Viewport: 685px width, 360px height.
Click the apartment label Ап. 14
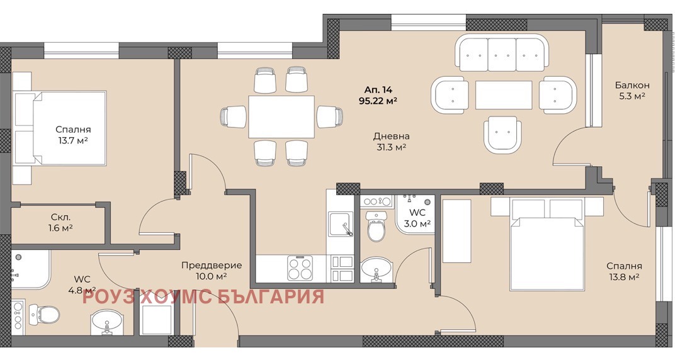coord(378,90)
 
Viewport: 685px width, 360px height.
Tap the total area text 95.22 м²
coord(378,101)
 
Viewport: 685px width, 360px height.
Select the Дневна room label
coord(392,136)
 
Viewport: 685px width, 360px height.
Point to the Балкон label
coord(632,85)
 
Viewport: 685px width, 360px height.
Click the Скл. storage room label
coord(60,217)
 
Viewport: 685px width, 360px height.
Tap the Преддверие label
coord(212,266)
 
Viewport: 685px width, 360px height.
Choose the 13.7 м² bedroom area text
coord(73,141)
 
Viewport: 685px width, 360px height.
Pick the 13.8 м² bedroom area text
coord(625,277)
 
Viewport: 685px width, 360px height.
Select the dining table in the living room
coord(281,116)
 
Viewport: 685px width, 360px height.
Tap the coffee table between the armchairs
coord(504,95)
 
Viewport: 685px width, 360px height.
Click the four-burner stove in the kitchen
coord(300,268)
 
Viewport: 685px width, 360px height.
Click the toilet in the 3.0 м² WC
coord(376,226)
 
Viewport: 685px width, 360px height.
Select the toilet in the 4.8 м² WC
coord(43,314)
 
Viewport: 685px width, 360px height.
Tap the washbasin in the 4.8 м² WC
coord(106,322)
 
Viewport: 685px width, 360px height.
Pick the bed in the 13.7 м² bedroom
coord(60,128)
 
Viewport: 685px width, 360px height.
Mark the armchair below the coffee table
coord(502,135)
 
